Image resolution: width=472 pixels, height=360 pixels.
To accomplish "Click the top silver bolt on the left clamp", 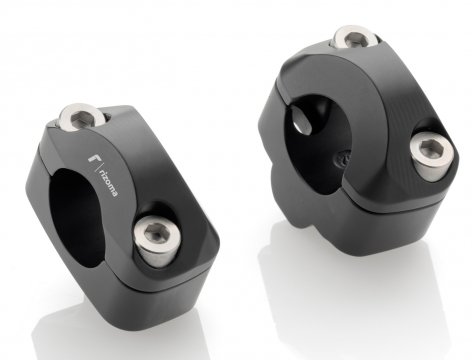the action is point(82,116).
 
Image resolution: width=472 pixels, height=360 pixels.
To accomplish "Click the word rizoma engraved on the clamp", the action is point(109,182).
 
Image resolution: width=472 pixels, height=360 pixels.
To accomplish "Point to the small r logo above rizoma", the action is point(93,158).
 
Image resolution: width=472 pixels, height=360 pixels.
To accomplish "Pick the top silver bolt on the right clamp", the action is point(355,37).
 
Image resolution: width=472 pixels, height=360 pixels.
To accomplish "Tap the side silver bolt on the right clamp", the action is point(431,156).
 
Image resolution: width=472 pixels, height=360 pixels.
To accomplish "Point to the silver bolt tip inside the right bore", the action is point(301,121).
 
